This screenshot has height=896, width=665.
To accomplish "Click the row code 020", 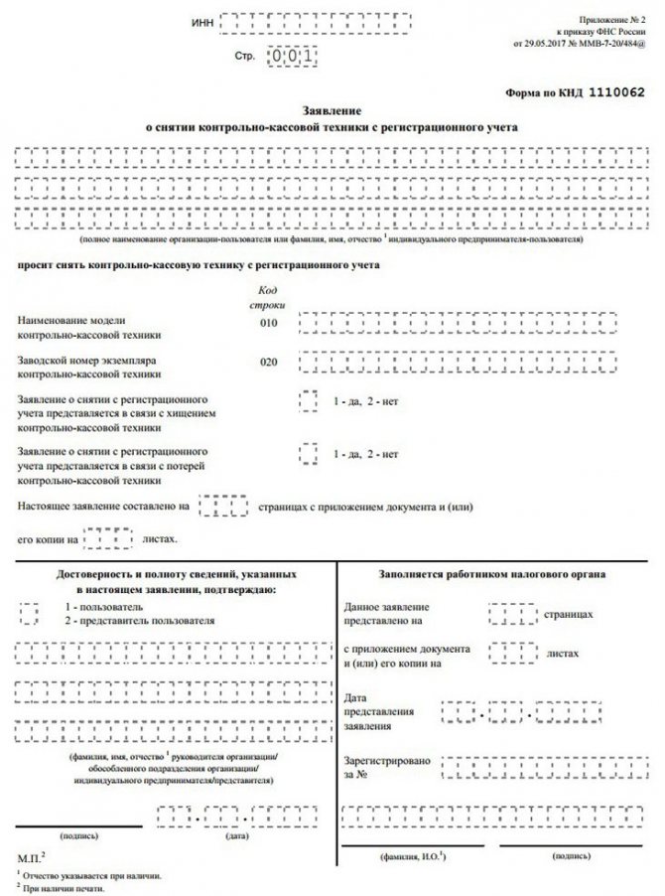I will click(267, 363).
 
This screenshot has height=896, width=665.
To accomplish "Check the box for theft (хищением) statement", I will click(309, 400).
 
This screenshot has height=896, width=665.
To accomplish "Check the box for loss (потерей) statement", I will click(309, 455).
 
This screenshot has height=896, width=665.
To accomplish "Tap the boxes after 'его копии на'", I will click(107, 539).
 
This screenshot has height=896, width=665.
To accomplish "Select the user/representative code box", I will click(30, 612).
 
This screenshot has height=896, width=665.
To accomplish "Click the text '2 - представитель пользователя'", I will click(139, 620).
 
